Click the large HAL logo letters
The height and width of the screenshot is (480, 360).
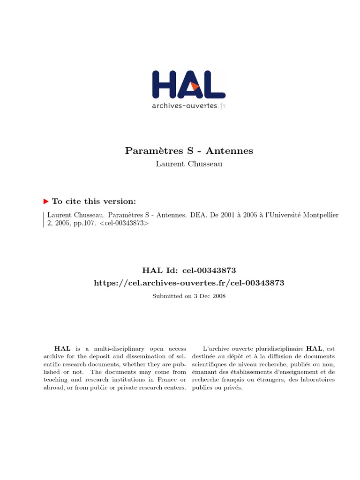188,85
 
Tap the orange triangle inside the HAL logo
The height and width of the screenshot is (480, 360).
195,87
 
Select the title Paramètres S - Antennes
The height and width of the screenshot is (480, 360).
189,150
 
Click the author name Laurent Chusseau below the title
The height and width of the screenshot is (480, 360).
189,164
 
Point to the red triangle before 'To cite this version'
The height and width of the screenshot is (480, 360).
46,201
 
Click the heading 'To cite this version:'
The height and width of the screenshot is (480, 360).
94,201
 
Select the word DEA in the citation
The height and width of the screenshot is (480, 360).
197,215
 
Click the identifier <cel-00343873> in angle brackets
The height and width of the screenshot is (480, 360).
124,223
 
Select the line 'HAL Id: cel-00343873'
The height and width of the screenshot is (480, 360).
189,270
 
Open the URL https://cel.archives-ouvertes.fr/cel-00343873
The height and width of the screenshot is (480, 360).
189,283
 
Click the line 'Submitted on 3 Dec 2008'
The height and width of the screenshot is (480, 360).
189,296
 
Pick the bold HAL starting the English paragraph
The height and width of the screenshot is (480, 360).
62,349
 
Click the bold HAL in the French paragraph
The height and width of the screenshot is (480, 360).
314,349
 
